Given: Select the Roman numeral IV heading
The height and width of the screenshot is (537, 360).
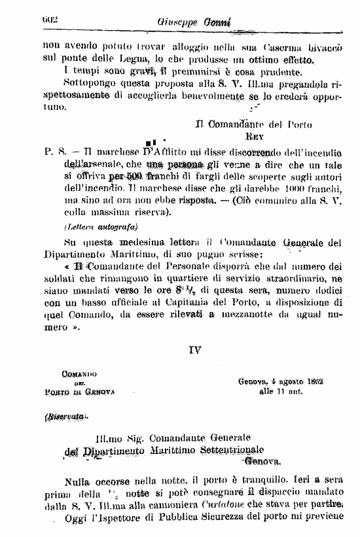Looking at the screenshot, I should [x=194, y=350].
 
